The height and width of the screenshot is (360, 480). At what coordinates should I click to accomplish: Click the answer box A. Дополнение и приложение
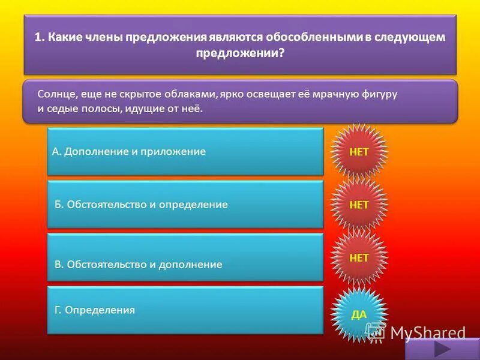tap(185, 151)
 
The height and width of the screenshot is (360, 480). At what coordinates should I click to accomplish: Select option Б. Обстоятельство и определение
tap(185, 205)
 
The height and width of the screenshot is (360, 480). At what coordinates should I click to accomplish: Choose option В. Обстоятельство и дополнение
tap(185, 258)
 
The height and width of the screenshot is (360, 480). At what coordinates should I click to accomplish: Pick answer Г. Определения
tap(185, 310)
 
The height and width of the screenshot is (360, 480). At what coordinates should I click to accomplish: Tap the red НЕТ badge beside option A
tap(359, 151)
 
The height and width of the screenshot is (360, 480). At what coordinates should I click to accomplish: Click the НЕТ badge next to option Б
tap(359, 205)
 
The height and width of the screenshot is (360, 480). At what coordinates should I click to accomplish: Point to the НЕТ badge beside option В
tap(359, 257)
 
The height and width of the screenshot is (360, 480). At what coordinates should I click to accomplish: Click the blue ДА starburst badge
tap(359, 314)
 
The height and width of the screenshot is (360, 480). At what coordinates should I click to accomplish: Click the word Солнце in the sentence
tap(55, 95)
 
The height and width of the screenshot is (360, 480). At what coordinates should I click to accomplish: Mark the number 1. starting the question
tap(39, 37)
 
